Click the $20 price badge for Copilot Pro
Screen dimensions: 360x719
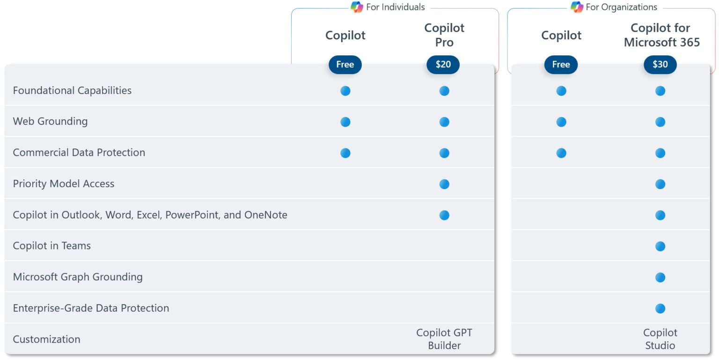pos(443,65)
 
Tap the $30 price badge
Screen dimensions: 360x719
pos(660,65)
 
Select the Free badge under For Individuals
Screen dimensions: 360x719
pos(345,65)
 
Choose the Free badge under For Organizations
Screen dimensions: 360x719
pos(561,65)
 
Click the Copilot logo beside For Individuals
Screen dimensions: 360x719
pos(357,7)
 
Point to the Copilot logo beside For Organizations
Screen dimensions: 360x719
pos(577,7)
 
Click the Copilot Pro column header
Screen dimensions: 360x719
pos(444,35)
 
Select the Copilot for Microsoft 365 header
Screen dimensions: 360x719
pos(661,35)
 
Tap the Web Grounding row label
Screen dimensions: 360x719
pos(50,121)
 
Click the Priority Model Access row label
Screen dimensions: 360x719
pos(64,184)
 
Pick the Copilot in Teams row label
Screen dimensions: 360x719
pos(52,246)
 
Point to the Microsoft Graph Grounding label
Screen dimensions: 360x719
pos(78,277)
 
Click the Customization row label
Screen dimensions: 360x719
pos(46,339)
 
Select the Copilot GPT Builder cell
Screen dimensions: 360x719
pos(444,339)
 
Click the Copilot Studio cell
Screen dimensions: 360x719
pos(660,339)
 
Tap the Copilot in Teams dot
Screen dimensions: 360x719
pos(660,246)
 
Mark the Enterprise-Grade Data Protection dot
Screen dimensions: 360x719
pos(660,309)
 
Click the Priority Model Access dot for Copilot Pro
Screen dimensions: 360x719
pos(444,184)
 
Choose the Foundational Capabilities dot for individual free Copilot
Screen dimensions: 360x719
pos(345,91)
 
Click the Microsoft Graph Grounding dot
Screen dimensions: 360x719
pos(660,278)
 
